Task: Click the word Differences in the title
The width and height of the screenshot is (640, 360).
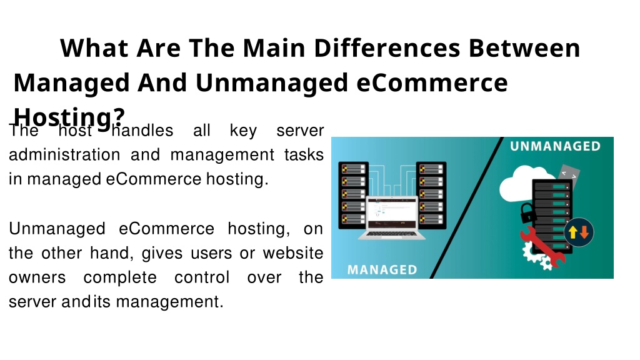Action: coord(387,47)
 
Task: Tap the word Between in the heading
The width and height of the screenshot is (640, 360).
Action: coord(524,47)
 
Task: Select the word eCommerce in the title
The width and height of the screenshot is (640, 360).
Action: coord(432,82)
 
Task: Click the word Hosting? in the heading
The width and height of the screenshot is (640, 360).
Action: coord(69,117)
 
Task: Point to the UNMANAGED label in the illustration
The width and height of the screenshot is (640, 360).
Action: coord(555,146)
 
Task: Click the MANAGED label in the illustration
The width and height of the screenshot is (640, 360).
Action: coord(382,270)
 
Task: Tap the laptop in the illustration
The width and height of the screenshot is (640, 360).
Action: coord(392,217)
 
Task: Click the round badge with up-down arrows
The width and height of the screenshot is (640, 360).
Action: coord(579,232)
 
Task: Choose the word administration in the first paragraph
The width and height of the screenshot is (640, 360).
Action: coord(64,155)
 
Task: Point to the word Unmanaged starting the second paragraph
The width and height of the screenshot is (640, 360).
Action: coord(57,229)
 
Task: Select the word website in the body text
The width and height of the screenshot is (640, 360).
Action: coord(293,253)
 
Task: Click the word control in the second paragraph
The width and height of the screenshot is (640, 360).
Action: coord(202,277)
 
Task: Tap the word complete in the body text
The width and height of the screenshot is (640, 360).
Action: coord(120,278)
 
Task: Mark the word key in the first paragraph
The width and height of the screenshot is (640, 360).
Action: coord(243,131)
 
